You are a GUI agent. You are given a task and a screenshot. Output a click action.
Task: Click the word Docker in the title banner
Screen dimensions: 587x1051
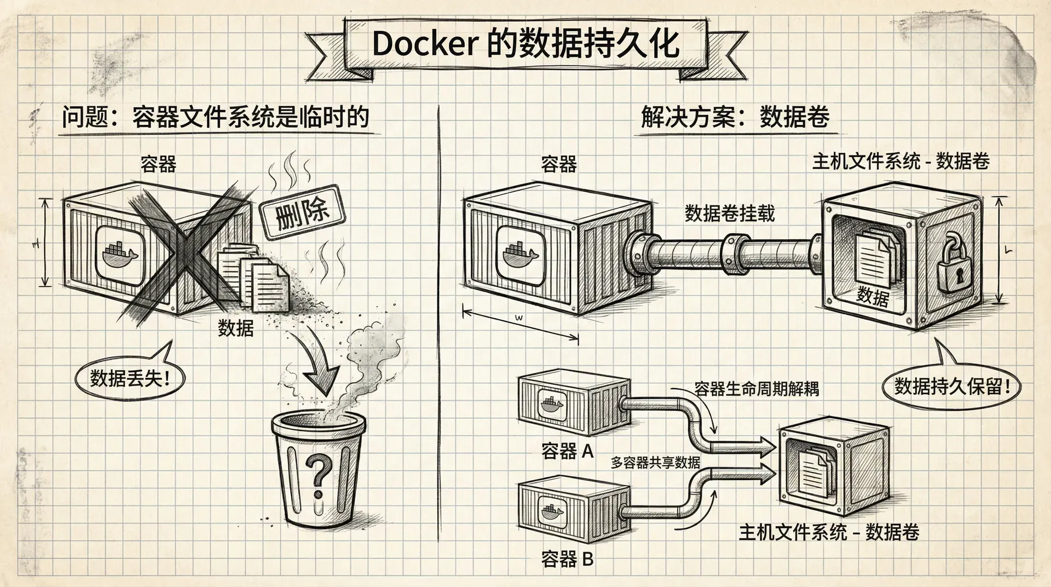pos(424,44)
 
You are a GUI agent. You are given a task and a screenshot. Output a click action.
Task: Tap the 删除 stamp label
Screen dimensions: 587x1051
pos(302,212)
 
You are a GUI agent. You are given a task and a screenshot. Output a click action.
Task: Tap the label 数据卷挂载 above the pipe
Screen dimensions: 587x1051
pos(730,213)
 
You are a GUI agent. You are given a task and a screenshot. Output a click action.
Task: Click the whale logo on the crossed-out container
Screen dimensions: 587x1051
pos(120,254)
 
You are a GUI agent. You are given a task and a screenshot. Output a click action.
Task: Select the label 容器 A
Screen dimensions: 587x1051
pos(568,451)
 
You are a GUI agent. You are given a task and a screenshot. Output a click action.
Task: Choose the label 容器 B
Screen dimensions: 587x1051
pos(568,559)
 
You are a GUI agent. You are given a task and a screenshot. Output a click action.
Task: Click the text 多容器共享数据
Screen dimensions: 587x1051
pos(655,463)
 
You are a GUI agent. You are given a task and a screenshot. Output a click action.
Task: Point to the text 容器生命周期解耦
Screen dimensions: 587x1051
pos(757,389)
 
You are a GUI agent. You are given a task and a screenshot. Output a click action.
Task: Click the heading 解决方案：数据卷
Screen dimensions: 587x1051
pos(735,117)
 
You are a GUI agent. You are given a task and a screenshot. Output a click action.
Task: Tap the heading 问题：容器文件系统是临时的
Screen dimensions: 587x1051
pos(215,117)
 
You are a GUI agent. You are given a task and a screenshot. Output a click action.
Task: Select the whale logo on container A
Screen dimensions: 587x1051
pos(552,405)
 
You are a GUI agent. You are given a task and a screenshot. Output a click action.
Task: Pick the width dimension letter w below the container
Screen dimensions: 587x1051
pos(519,318)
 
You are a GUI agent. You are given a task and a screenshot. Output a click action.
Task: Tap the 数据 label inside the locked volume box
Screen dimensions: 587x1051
pos(873,296)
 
